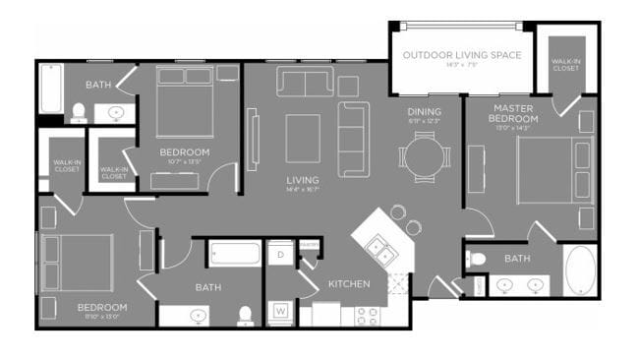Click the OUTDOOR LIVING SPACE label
(461, 54)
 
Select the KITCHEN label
(349, 284)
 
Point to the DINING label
(425, 112)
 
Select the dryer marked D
(280, 255)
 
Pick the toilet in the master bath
(477, 260)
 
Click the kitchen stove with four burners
(367, 317)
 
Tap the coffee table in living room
(303, 139)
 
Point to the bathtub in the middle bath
(234, 254)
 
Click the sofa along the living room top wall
(306, 83)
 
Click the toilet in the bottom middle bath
(246, 315)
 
